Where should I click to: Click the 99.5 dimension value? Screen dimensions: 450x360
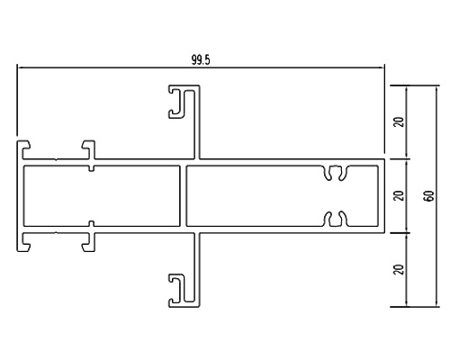pos(201,60)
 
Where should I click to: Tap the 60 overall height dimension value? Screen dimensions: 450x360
pos(429,196)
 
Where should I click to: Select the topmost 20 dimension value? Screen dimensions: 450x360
pos(400,121)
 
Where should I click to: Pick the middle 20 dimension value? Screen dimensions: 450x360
pos(400,196)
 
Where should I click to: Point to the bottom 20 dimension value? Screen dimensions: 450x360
pos(400,269)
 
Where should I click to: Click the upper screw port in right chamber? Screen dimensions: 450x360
pos(337,173)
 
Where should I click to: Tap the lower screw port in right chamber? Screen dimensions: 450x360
pos(337,219)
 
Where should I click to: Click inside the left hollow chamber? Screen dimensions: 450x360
pos(102,195)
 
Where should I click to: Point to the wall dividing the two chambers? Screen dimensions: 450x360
pos(184,195)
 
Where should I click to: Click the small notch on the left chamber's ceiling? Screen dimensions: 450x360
pos(92,168)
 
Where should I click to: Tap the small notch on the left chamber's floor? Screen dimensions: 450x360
pos(92,223)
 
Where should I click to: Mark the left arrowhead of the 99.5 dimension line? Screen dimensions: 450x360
pos(19,67)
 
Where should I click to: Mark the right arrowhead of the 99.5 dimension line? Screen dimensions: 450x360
pos(382,67)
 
